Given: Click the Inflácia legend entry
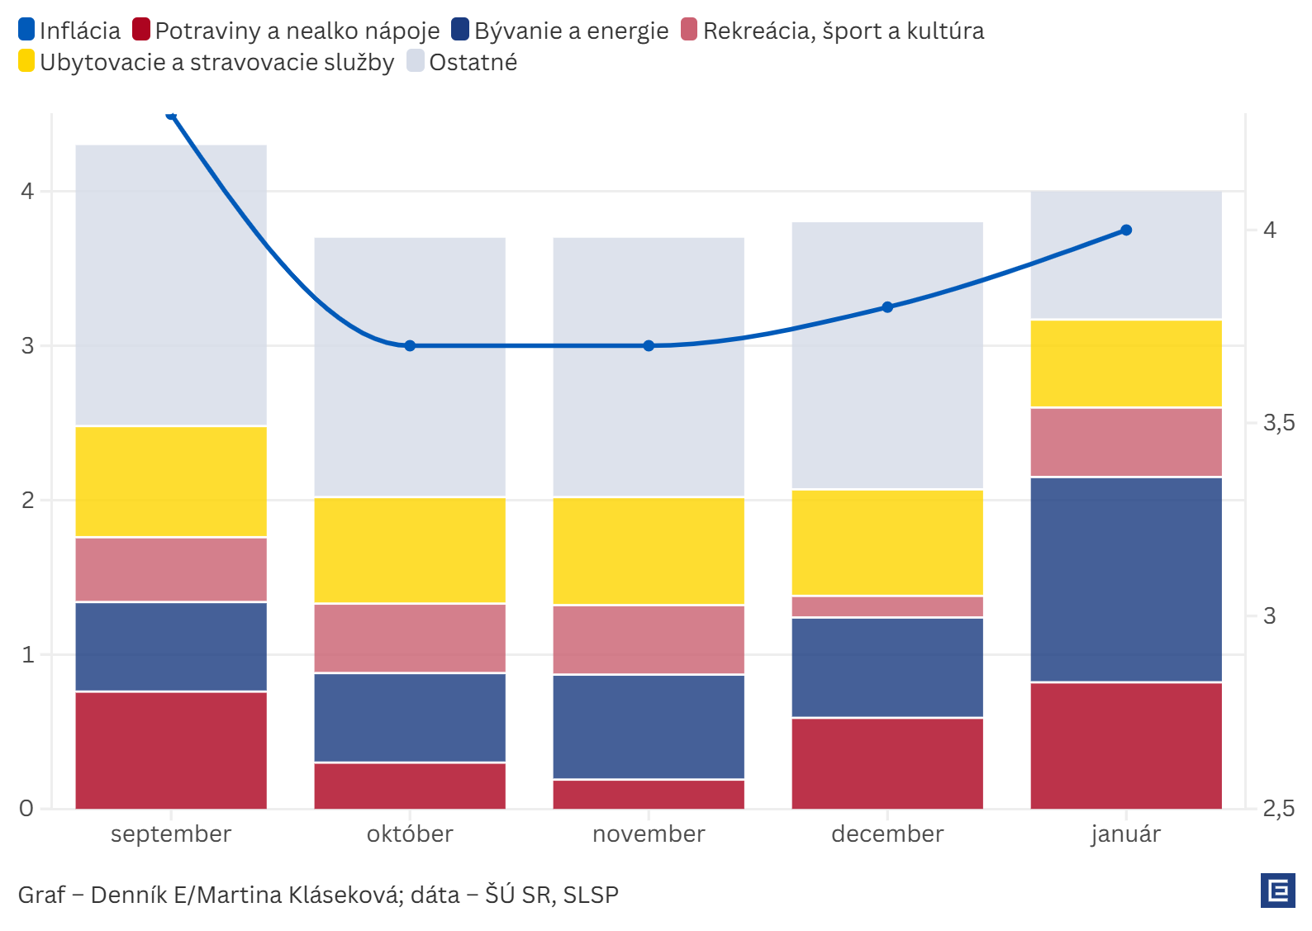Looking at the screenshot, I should tap(69, 31).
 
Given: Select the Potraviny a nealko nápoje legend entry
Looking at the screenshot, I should tap(286, 31).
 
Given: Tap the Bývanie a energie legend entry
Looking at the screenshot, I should tap(560, 31).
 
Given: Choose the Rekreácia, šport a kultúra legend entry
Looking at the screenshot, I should tap(833, 31).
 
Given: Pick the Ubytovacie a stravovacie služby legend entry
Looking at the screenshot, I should tap(207, 62).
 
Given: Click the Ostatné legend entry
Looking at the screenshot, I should tap(463, 62).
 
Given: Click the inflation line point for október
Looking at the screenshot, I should tap(410, 345).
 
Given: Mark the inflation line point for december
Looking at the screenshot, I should tap(887, 307).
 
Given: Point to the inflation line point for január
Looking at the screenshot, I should tap(1126, 230).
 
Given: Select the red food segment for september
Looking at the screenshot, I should tap(171, 750).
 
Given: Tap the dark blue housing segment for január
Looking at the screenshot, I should tap(1126, 579).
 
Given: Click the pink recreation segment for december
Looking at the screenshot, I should tap(887, 606).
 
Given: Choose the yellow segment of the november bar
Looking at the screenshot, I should tap(649, 551).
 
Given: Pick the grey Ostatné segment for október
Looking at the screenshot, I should tap(410, 367).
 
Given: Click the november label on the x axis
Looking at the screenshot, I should tap(649, 834).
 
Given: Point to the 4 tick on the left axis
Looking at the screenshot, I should tap(27, 192).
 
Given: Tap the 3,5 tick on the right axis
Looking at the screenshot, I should tap(1279, 423).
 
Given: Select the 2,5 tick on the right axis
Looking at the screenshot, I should tap(1279, 809).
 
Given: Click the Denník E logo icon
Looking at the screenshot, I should tap(1278, 891).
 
